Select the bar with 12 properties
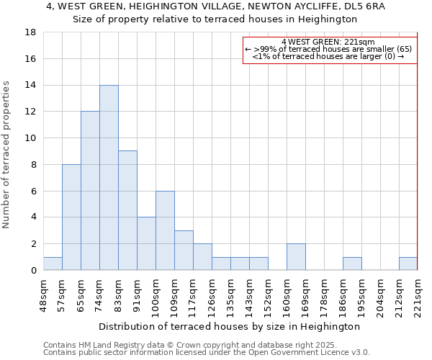[x=90, y=191]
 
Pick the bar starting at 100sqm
[x=165, y=230]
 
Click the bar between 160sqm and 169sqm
[x=296, y=257]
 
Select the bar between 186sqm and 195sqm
[x=352, y=264]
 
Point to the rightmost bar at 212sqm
[x=408, y=264]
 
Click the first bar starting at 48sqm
[x=53, y=264]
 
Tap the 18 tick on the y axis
[x=31, y=32]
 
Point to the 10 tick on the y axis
[x=31, y=138]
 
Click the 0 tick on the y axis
[x=33, y=271]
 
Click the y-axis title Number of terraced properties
[x=7, y=155]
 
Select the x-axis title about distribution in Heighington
[x=229, y=326]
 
